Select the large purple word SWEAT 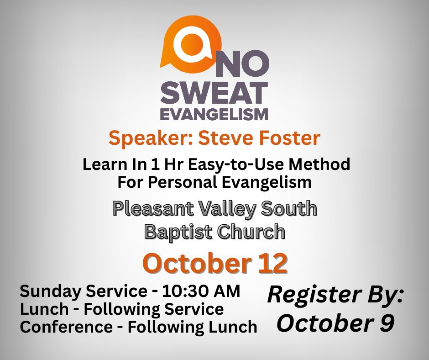pos(214,93)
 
